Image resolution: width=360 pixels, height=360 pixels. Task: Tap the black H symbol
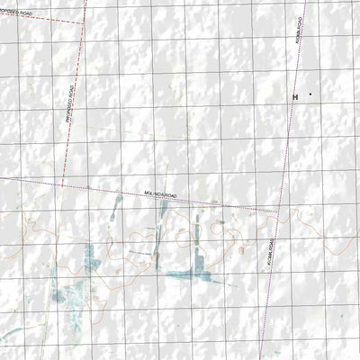[294, 95]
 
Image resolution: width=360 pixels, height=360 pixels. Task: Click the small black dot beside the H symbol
[310, 94]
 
